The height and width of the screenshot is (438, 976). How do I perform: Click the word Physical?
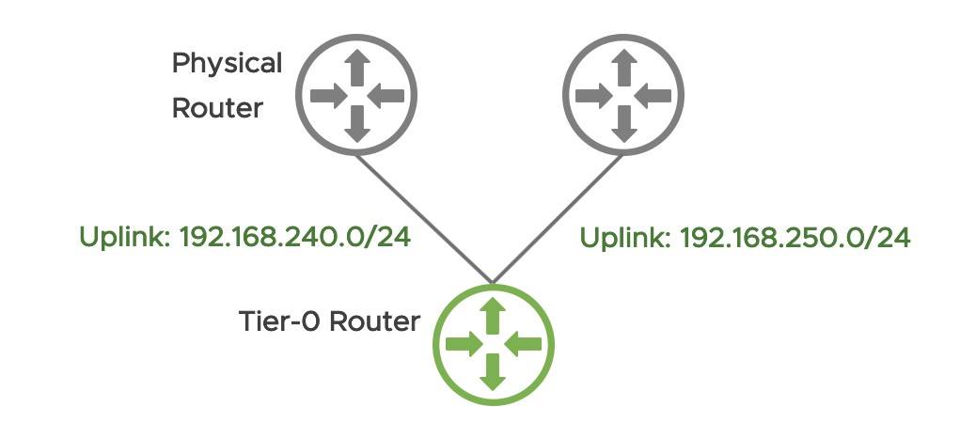coord(227,65)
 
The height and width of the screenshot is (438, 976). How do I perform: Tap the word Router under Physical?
coord(216,108)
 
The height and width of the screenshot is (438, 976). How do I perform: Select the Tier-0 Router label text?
coord(329,321)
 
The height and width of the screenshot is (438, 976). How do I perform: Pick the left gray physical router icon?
coord(356,94)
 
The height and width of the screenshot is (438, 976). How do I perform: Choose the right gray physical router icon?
coord(623,94)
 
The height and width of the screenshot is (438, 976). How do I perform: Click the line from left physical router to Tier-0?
coord(423,215)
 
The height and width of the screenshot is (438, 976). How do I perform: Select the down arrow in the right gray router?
coord(623,123)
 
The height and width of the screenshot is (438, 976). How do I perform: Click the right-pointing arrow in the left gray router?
coord(328,94)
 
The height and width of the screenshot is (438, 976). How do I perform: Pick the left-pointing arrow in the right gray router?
coord(653,94)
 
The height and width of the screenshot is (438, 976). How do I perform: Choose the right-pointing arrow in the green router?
coord(464,346)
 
